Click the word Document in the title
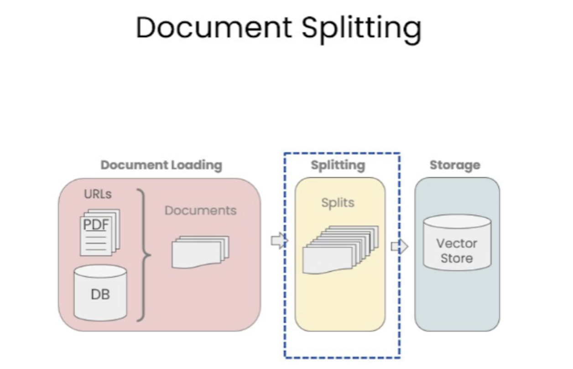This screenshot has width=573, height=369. click(x=214, y=27)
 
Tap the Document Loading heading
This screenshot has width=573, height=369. click(x=161, y=165)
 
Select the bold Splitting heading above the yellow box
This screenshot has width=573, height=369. click(x=338, y=165)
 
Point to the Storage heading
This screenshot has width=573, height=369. click(x=455, y=165)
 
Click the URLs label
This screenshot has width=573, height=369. click(x=98, y=194)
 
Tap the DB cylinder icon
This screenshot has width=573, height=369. click(x=100, y=293)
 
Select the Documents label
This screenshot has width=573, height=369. click(x=201, y=211)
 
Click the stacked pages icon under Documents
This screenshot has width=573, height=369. click(x=200, y=252)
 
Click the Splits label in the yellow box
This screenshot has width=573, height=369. click(x=338, y=203)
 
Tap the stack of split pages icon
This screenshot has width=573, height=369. click(x=340, y=249)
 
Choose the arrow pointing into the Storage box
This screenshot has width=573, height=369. click(x=400, y=247)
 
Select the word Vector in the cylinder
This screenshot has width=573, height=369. click(x=457, y=243)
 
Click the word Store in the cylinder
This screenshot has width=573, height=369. click(x=457, y=258)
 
